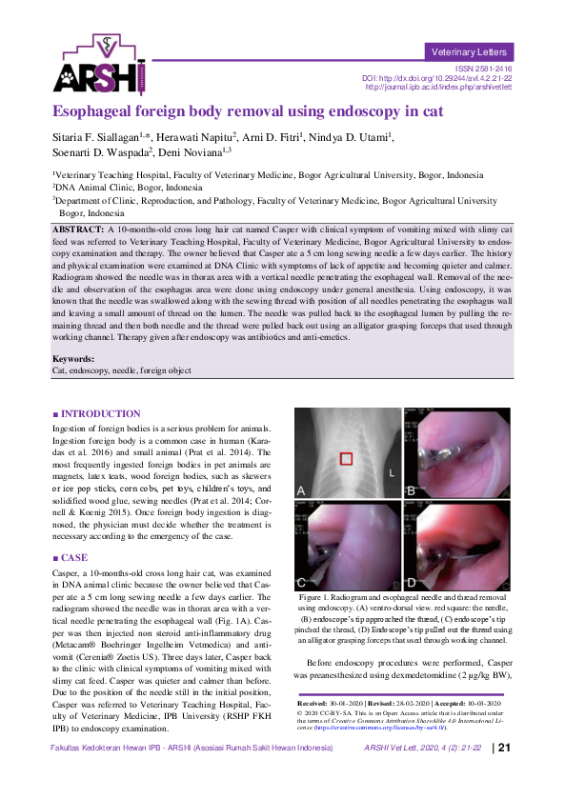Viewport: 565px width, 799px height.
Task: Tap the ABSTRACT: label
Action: click(x=77, y=230)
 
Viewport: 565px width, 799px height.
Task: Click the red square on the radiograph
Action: click(x=347, y=458)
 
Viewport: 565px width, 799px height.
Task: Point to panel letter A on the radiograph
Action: click(x=302, y=490)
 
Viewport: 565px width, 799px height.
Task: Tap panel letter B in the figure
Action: click(x=411, y=490)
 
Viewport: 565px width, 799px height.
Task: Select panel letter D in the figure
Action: click(x=411, y=579)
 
